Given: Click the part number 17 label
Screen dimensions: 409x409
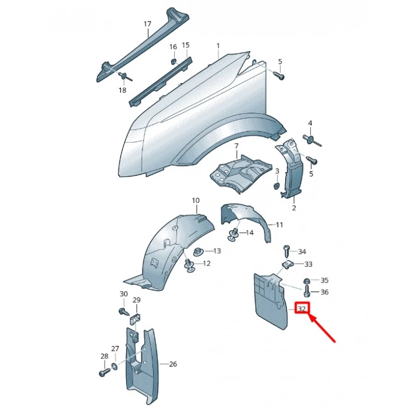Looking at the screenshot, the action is pos(147,24).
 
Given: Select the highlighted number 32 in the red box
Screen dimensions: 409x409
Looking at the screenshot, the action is pos(301,309).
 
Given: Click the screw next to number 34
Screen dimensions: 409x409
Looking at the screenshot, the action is pos(286,251).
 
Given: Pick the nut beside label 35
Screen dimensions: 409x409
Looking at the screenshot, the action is pos(307,281).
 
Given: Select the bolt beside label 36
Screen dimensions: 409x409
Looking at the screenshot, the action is pos(307,292).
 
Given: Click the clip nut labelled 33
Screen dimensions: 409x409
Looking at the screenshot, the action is pos(288,265).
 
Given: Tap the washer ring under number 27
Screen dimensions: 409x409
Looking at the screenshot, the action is pos(115,366).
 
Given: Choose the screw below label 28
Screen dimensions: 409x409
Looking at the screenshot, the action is pos(105,373).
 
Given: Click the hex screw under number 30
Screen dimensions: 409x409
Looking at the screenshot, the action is pos(124,311).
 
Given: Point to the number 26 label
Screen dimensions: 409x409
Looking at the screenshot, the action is pos(173,363).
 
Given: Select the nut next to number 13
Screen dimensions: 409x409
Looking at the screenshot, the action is pos(199,251).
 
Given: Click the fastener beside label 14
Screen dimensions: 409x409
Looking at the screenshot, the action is pos(234,234).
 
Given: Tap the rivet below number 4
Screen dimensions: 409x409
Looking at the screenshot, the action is pos(312,140).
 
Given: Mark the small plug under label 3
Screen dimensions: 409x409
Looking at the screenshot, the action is pos(276,186).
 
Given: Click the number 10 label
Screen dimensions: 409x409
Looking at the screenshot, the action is pos(196,200).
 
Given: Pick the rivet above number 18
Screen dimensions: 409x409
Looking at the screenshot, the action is pos(125,77).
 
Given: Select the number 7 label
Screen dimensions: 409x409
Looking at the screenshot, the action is pos(236,146).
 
